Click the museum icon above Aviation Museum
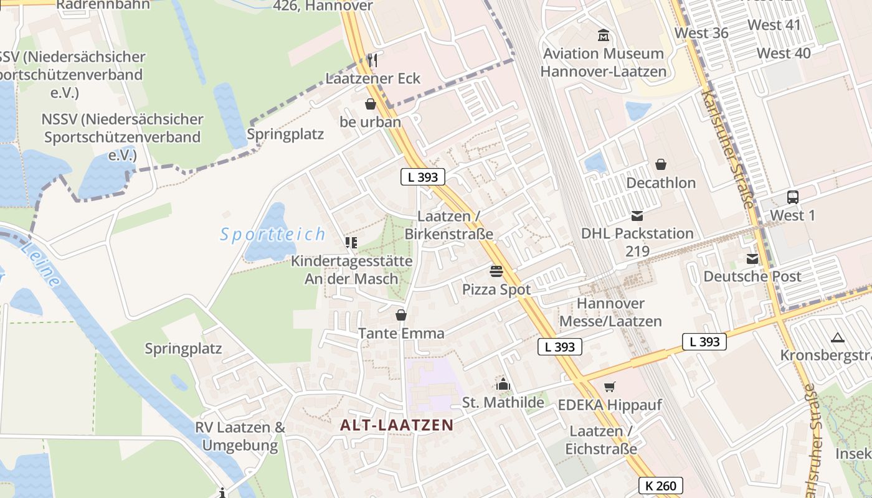603,35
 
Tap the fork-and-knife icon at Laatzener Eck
372,60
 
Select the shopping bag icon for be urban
371,103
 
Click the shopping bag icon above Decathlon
660,164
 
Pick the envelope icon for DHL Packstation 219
637,216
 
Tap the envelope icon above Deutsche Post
752,258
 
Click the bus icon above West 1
792,197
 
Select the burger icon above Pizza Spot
496,271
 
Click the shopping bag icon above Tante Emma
401,315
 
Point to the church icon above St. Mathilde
503,385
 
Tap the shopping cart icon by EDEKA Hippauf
609,387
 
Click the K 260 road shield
660,486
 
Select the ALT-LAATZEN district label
397,425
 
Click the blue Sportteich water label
273,235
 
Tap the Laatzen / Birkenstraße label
448,225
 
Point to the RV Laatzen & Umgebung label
240,436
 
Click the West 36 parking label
701,32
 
